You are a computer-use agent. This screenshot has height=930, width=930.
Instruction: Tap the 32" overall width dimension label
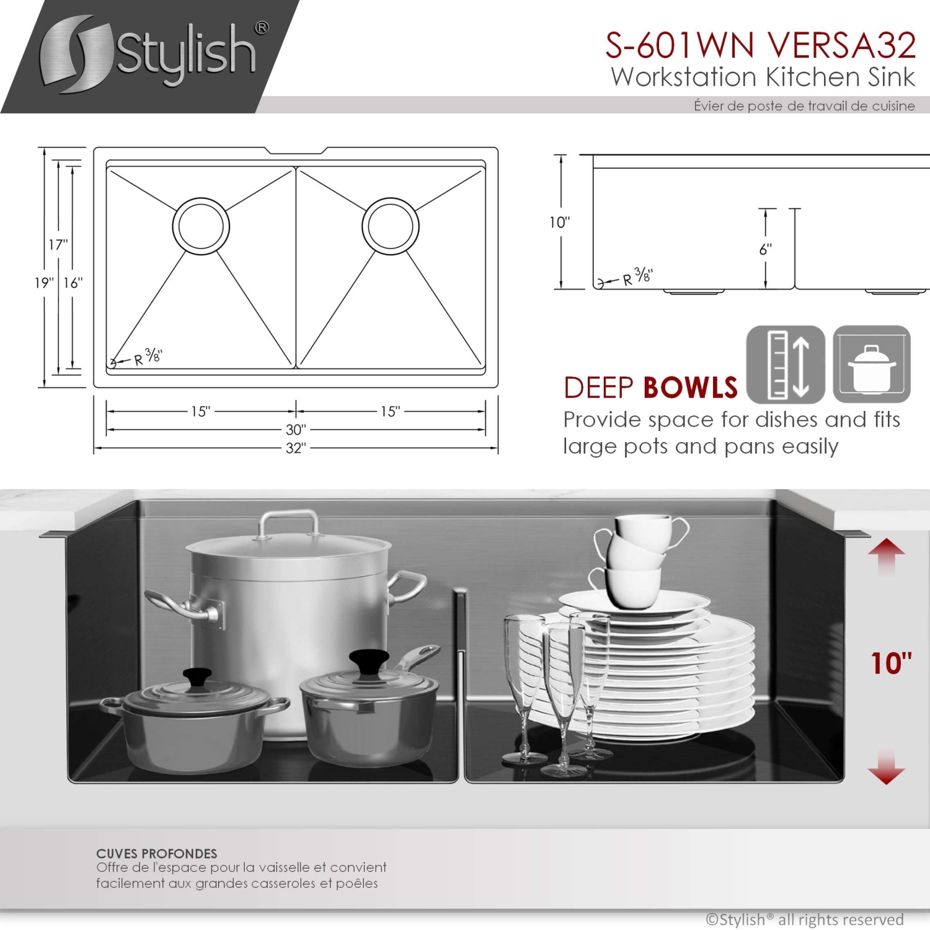tap(296, 448)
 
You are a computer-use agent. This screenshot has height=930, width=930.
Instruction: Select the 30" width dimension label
tap(296, 430)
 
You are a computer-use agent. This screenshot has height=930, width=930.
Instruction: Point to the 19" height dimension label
tap(43, 283)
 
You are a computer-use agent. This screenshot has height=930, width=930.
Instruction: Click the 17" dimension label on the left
tap(58, 245)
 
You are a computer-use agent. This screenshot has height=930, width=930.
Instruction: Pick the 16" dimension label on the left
tap(73, 283)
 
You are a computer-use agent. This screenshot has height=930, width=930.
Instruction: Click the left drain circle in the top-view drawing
tap(201, 226)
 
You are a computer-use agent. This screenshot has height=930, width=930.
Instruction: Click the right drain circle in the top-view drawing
tap(391, 226)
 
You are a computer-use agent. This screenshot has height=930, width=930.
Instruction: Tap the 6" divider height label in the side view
tap(766, 249)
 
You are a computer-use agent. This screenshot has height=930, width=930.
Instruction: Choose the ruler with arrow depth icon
tap(786, 365)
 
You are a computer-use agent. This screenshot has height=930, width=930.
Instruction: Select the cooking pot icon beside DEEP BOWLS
tap(872, 365)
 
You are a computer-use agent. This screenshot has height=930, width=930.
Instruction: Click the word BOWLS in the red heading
tap(690, 389)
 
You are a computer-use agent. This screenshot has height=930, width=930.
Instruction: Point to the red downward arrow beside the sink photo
tap(887, 769)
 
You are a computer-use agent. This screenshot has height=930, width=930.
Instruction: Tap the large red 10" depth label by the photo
tap(891, 664)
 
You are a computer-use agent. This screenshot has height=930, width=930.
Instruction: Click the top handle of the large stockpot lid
tap(288, 523)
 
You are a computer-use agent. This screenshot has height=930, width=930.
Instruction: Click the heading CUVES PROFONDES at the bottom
tap(156, 854)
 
